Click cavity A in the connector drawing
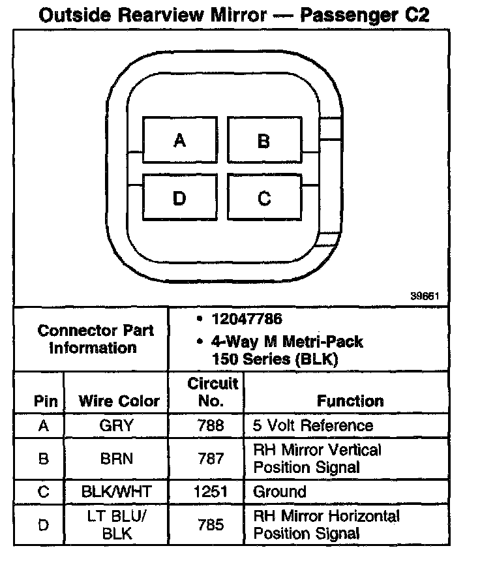point(179,140)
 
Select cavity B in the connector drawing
point(263,140)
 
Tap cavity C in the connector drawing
point(263,198)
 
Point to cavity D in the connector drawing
point(179,198)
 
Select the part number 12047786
point(247,320)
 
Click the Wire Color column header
point(119,401)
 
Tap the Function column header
point(350,401)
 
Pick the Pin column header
point(46,401)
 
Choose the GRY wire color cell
point(117,426)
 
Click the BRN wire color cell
point(117,459)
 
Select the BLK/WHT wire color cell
point(117,491)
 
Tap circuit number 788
point(211,426)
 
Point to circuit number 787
point(211,459)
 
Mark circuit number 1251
point(211,491)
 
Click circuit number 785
point(211,524)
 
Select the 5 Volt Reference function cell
point(313,426)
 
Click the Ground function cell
point(279,491)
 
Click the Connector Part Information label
point(96,339)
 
